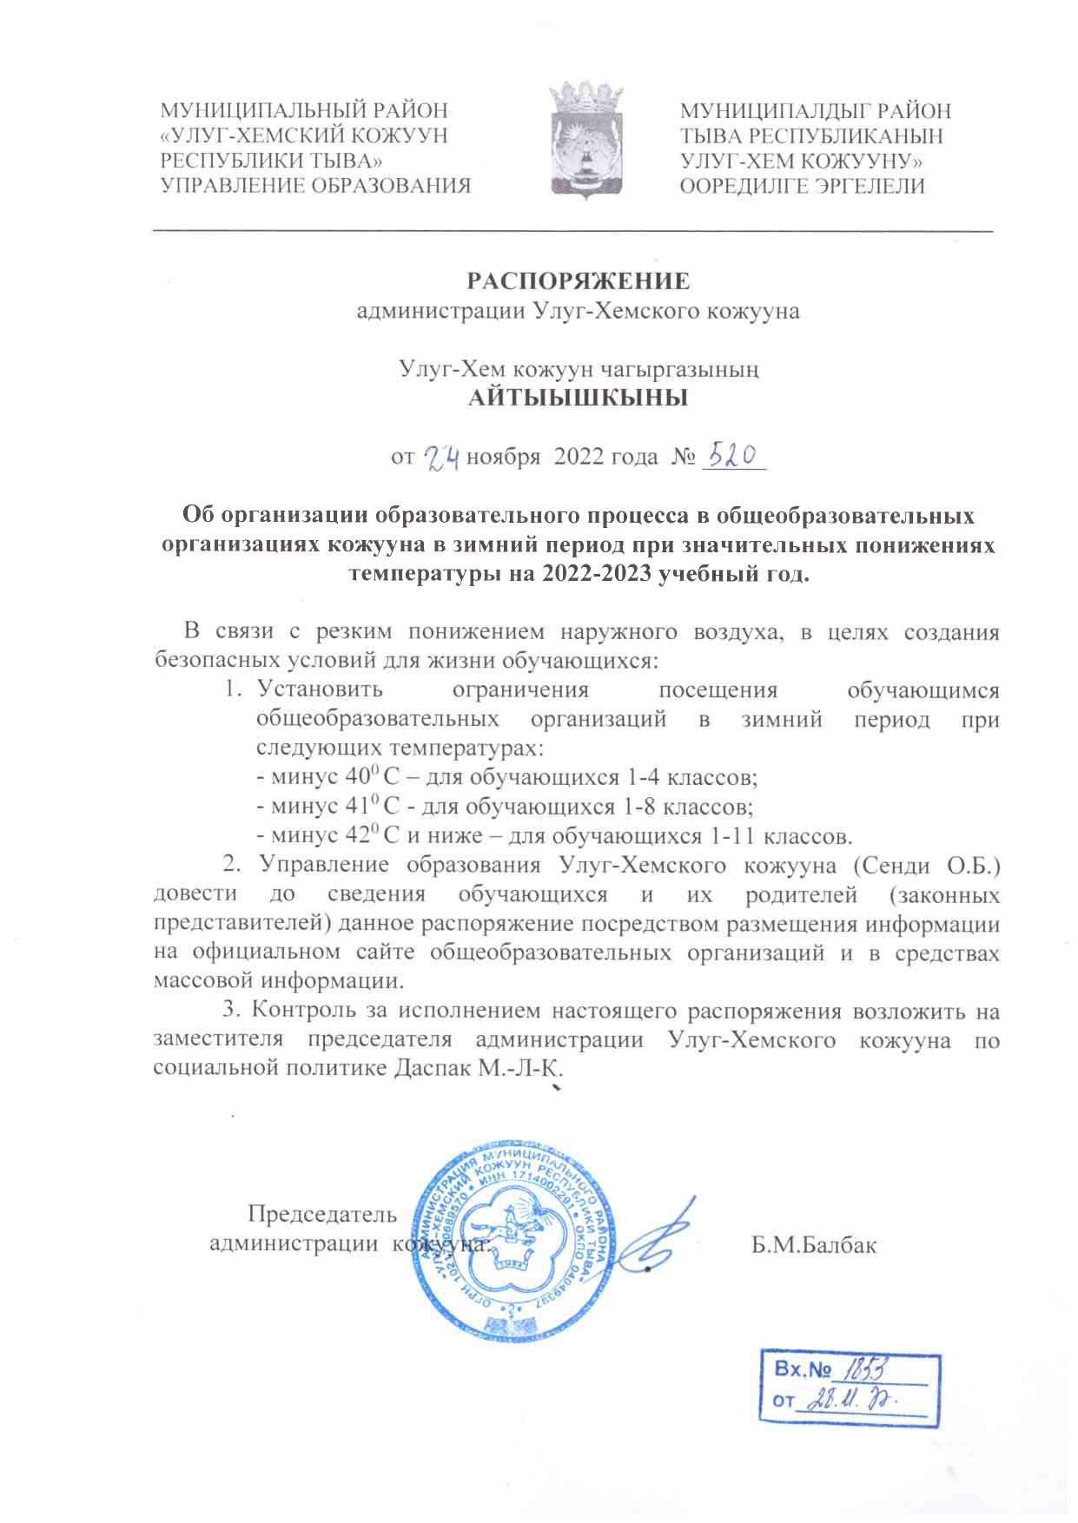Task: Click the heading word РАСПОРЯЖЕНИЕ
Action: (x=579, y=281)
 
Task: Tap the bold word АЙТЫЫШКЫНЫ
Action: (x=579, y=399)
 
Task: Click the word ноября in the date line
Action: (x=503, y=457)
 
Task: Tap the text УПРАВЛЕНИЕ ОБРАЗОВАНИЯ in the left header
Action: (x=316, y=186)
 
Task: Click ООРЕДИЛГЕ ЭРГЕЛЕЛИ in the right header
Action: (x=802, y=186)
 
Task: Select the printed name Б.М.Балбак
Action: (x=814, y=1245)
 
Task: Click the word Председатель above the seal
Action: (x=322, y=1214)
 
